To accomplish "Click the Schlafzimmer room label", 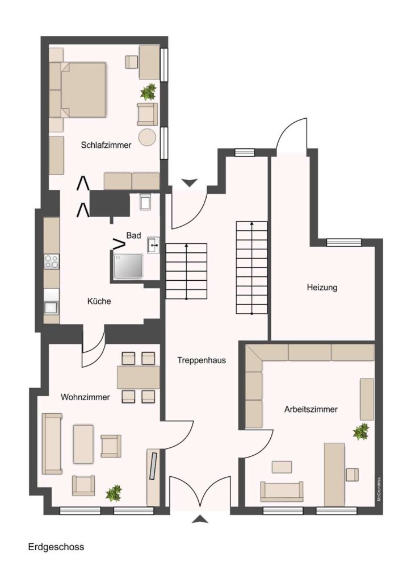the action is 106,145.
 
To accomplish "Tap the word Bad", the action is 133,235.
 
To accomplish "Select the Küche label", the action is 99,301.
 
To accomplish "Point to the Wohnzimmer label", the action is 85,397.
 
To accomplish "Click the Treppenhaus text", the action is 201,360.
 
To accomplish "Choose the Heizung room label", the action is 322,288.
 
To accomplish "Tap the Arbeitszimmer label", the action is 311,409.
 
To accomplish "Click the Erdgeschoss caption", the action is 56,547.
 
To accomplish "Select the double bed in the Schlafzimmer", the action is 83,89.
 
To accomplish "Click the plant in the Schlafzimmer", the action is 148,92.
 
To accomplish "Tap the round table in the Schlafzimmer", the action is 148,136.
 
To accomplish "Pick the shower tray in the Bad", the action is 128,265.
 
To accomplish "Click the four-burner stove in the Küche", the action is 52,261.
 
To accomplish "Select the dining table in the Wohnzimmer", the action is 139,377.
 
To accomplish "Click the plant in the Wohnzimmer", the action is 114,493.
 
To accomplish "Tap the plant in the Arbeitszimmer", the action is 361,431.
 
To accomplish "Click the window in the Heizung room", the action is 339,242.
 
